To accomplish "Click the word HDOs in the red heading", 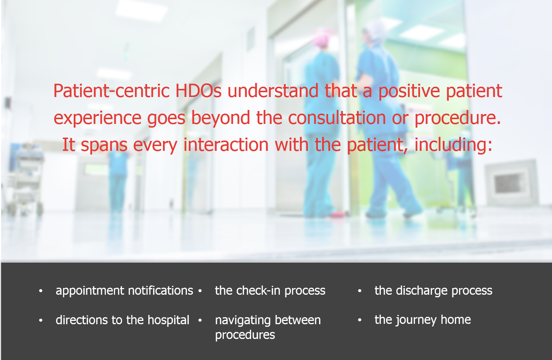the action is coord(198,91).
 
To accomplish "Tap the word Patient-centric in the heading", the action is coord(111,91).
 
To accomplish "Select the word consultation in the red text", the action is coord(337,118).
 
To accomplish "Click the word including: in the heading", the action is coord(454,145).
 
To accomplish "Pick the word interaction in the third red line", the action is coord(226,145).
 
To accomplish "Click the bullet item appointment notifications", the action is coord(124,291).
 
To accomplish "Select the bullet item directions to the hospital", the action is coord(122,320).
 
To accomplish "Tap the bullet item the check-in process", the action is coord(270,291).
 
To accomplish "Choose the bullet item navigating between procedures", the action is coord(268,328).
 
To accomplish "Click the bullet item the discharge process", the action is coord(434,291).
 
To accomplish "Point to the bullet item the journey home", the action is coord(423,320).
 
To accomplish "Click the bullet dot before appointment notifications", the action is coord(41,291).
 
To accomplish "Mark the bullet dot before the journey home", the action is coord(360,320).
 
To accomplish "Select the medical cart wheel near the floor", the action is coord(39,210).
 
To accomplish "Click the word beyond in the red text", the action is coord(221,118).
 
